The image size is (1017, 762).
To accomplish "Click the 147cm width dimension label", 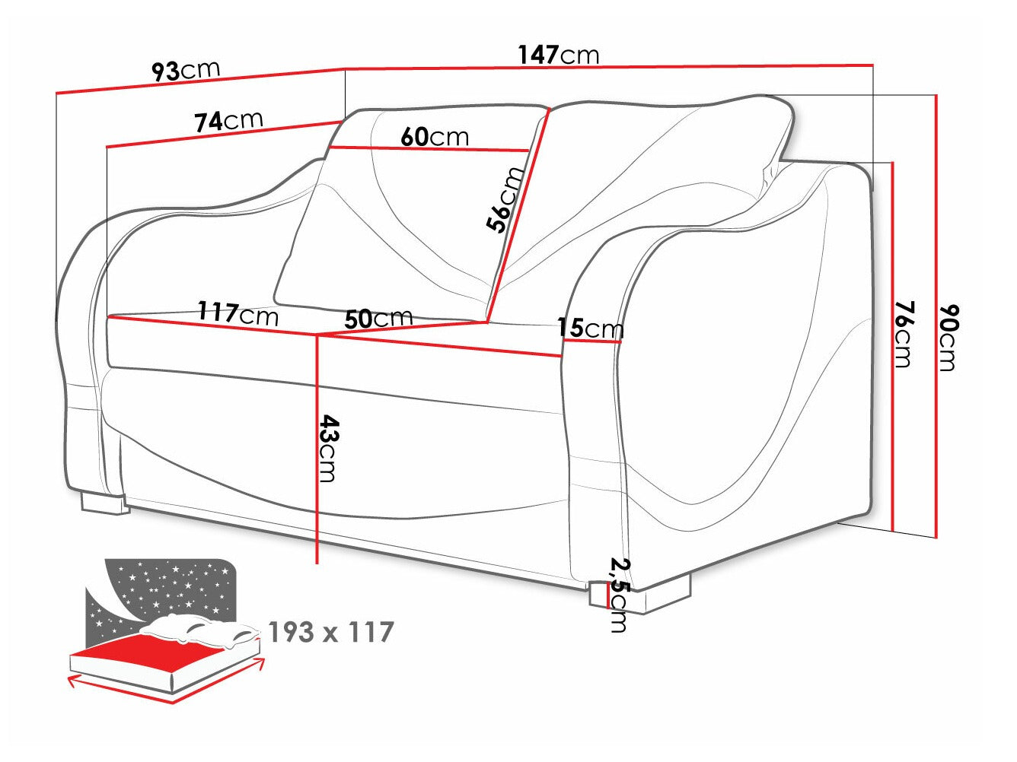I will (x=559, y=55).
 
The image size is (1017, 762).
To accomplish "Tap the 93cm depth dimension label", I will (x=186, y=71).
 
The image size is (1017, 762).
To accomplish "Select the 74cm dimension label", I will (x=228, y=120).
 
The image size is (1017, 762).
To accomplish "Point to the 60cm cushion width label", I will (x=435, y=137).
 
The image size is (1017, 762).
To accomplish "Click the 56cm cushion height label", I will (x=505, y=198).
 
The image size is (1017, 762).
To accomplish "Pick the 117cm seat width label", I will (x=238, y=313).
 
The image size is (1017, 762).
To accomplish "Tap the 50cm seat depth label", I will (x=378, y=318).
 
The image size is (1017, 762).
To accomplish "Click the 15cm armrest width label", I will (x=590, y=328).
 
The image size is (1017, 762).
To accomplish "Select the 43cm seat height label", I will (x=327, y=448).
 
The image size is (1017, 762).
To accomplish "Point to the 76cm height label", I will (x=902, y=333).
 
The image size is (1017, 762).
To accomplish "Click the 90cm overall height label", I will (x=946, y=337).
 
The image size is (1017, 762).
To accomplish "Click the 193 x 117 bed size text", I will (x=331, y=632).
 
